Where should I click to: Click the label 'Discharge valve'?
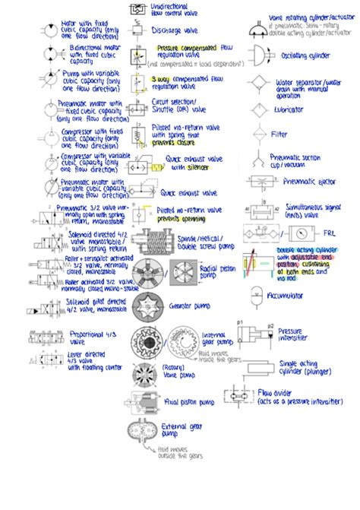[x=176, y=30]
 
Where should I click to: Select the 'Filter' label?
[x=280, y=135]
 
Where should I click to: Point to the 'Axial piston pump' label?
[x=186, y=402]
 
